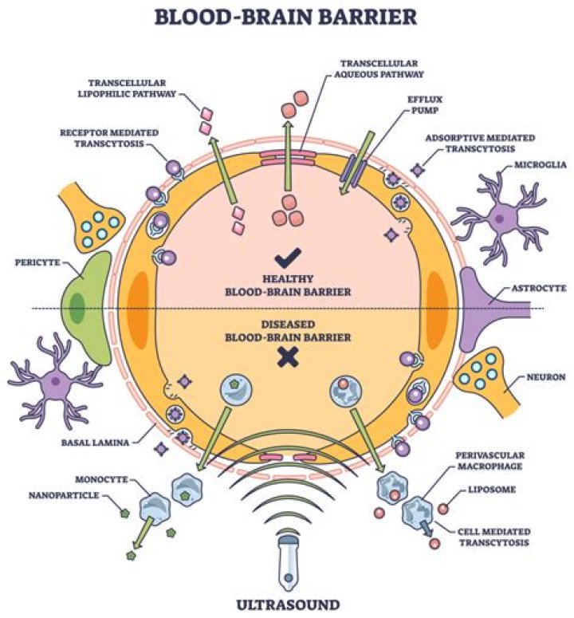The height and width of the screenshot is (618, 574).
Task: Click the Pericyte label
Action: pos(31,261)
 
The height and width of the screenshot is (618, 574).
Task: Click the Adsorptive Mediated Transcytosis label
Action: pos(482,143)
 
